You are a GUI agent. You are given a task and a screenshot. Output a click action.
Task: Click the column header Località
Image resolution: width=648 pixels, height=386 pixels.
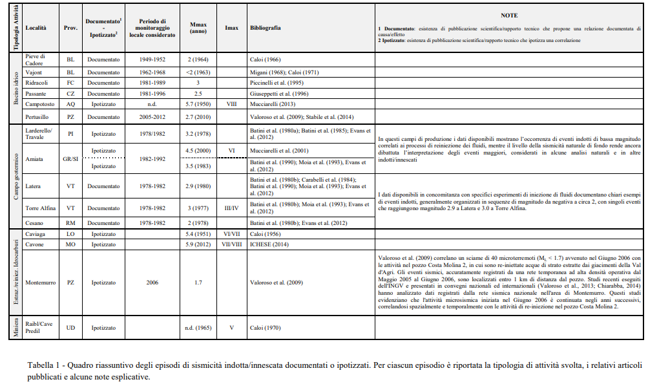click(35, 28)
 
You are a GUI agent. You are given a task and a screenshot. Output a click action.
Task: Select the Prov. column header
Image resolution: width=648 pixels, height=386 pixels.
click(70, 28)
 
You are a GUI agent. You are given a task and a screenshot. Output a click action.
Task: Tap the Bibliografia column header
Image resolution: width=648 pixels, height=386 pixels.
click(265, 28)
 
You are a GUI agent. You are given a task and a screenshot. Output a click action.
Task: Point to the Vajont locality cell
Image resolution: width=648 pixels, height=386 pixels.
click(34, 72)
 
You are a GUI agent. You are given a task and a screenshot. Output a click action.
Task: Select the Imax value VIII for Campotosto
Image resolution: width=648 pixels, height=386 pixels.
click(231, 103)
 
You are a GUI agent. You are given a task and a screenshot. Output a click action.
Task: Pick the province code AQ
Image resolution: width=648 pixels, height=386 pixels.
click(70, 103)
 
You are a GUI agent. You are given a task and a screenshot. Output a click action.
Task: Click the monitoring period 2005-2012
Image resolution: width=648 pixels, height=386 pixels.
click(154, 116)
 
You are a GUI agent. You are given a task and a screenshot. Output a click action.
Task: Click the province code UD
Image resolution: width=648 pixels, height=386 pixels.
click(70, 328)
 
